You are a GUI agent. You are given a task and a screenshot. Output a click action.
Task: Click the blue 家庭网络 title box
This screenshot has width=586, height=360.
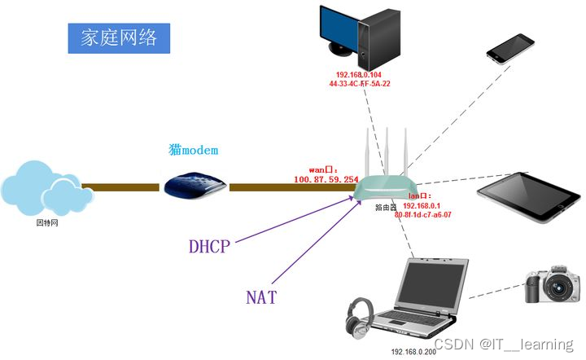tap(119, 37)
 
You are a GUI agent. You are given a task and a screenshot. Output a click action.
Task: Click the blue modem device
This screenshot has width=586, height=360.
tap(194, 185)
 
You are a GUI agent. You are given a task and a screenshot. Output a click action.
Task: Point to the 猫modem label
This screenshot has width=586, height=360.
tap(194, 151)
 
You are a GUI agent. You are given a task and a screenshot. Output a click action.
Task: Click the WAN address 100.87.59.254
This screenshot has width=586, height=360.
tap(326, 178)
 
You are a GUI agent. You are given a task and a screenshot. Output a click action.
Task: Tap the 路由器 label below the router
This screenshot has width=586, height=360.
tap(385, 208)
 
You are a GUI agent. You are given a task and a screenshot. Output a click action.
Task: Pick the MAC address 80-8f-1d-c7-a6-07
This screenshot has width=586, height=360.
tap(422, 215)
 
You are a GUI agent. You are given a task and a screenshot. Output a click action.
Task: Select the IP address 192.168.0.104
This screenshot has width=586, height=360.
tap(359, 74)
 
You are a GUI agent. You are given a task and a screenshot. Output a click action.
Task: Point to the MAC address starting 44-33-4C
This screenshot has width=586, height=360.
tap(359, 83)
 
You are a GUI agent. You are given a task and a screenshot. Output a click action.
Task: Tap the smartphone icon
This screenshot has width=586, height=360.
tap(511, 49)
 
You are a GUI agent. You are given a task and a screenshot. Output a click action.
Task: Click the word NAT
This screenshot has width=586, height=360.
tap(261, 297)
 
